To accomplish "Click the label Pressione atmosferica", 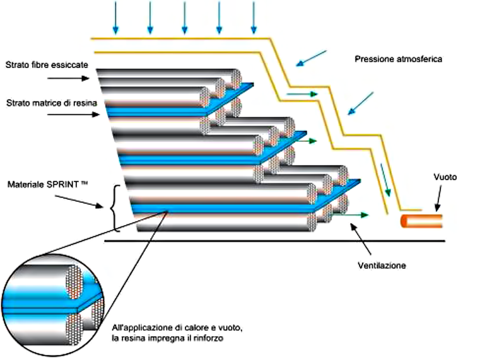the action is tap(398, 59).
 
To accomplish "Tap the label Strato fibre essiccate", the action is tap(47, 65).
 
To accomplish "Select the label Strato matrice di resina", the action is tap(52, 103).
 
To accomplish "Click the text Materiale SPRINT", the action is tap(47, 184).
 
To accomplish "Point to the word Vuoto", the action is tap(445, 177).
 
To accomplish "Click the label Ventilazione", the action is tap(382, 265).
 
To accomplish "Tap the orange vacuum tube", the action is tap(421, 221).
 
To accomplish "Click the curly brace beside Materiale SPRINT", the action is tap(115, 209).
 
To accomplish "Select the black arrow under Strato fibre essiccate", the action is tap(68, 78).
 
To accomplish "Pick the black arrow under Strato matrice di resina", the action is tap(73, 115).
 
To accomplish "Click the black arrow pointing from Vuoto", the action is tap(438, 198).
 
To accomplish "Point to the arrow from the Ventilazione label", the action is tap(361, 239).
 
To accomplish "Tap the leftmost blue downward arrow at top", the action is tap(115, 18).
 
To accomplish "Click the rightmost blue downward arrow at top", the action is tap(254, 18).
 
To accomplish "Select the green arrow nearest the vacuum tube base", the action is tap(350, 215).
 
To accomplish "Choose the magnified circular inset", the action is tap(53, 305).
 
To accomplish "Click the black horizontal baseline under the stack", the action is tap(274, 241).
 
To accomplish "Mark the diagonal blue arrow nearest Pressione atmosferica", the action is tap(311, 59).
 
